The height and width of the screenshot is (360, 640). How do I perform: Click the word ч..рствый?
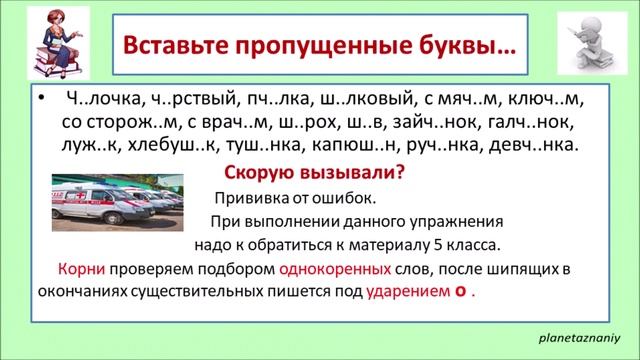[194, 102]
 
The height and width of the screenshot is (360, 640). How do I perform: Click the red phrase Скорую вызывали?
[312, 171]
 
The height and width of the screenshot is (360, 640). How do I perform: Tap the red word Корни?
[77, 270]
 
